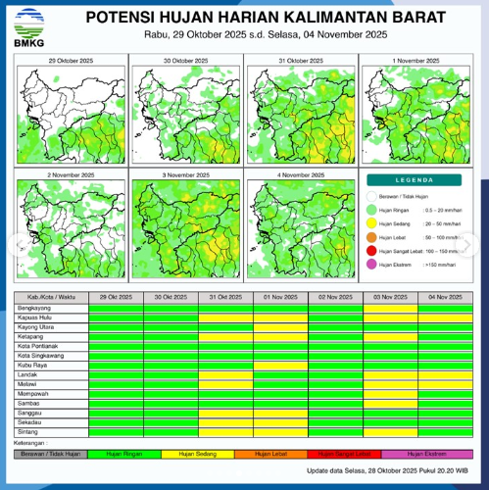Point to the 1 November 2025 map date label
(418, 61)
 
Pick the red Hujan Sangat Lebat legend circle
(372, 251)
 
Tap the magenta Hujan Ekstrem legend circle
(372, 265)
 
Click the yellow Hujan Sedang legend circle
(372, 223)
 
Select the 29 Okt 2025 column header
(116, 297)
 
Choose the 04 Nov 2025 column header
(445, 297)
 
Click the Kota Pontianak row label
(38, 346)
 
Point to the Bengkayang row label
(34, 308)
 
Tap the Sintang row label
(28, 431)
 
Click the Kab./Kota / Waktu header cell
(51, 297)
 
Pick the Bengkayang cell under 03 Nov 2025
(390, 308)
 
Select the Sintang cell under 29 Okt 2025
(116, 431)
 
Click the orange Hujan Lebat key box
(279, 454)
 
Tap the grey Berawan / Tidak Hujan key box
(51, 454)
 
